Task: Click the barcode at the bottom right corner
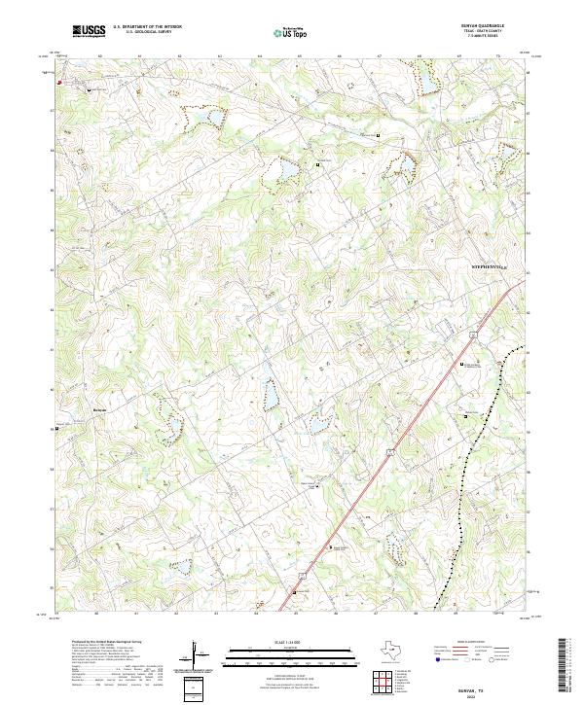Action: (563, 670)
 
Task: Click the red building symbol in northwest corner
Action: (60, 83)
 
